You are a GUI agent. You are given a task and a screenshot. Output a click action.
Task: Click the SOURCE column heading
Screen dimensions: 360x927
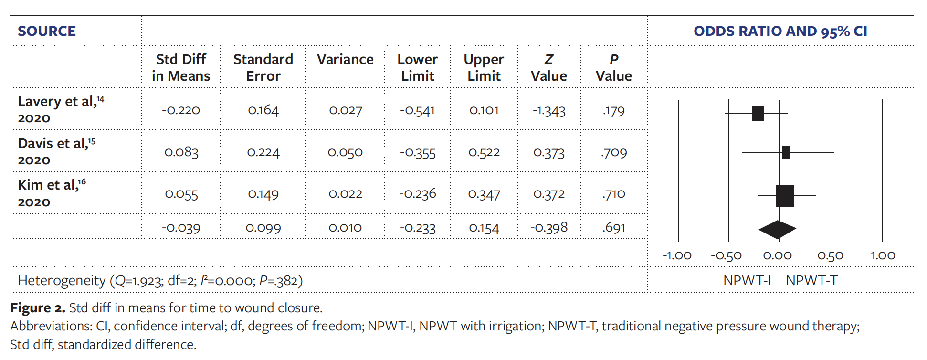[x=47, y=31]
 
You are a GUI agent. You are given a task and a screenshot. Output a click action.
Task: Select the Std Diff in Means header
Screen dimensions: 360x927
[x=181, y=67]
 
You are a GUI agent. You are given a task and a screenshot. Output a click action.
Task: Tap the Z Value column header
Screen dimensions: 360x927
[x=548, y=67]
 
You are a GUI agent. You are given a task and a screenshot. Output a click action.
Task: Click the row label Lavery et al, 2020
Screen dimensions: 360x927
[x=60, y=109]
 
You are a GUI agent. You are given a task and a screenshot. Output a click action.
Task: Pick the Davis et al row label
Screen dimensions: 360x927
[x=56, y=151]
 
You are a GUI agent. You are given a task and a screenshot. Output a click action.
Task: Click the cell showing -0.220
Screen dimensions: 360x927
[x=181, y=110]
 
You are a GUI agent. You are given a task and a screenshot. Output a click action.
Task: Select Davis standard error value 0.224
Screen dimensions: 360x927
[x=263, y=152]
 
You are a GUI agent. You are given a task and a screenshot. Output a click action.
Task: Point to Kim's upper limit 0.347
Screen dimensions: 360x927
[x=484, y=194]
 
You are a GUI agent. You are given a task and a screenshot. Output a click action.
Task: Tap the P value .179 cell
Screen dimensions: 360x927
[x=613, y=111]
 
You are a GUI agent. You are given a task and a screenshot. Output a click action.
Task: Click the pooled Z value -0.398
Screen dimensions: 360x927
[x=548, y=228]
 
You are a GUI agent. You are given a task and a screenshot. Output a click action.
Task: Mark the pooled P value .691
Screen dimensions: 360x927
[x=613, y=228]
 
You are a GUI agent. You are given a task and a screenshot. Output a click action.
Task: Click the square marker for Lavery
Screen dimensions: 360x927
[x=757, y=113]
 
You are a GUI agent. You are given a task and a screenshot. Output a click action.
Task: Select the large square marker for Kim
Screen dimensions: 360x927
[x=785, y=195]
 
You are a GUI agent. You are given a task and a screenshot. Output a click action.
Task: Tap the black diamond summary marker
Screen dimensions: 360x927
[x=777, y=230]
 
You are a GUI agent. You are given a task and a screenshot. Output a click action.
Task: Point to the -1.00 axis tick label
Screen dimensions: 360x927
[x=677, y=256]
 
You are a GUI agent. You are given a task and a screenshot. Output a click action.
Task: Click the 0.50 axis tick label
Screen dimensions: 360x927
[x=830, y=256]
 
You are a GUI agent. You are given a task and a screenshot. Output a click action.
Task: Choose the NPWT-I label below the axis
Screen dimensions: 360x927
[x=747, y=280]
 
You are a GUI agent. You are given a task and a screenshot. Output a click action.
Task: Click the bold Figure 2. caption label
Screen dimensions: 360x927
[x=38, y=308]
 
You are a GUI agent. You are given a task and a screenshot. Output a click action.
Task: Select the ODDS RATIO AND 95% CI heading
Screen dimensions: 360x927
[x=780, y=31]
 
